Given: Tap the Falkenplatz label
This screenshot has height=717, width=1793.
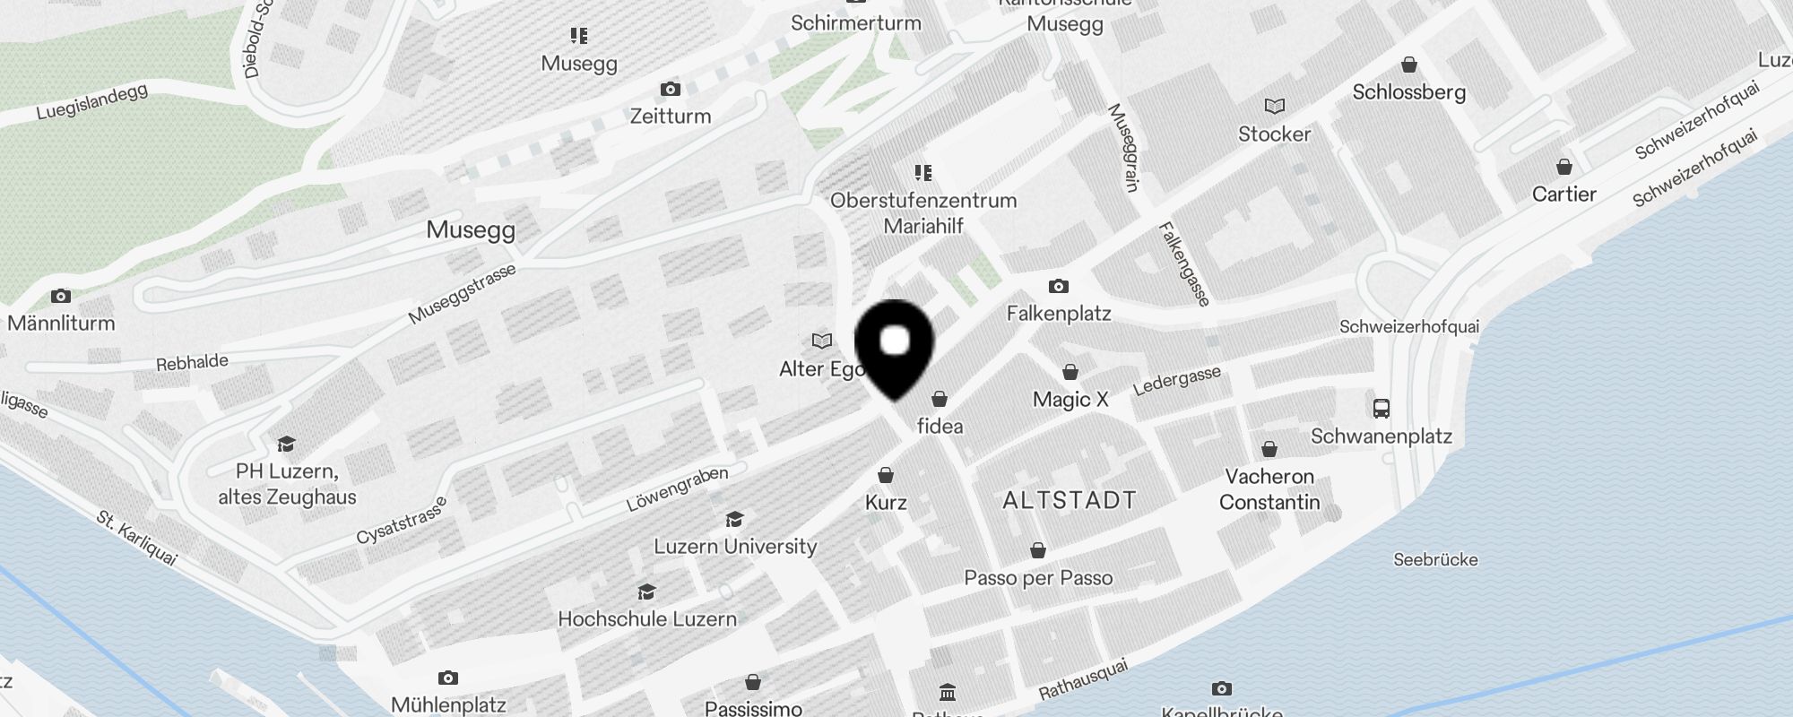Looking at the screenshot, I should (1058, 314).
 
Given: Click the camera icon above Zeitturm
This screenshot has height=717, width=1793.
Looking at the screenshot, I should (670, 89).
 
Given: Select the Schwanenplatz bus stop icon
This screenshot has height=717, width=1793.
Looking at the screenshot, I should (1381, 409).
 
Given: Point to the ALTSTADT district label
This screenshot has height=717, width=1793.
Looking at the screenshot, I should (1069, 500).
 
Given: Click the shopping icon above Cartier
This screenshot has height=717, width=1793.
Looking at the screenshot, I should (1563, 167).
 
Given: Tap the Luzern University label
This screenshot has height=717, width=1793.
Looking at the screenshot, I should (735, 547).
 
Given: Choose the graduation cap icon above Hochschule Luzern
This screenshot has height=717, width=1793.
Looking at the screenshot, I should (646, 592).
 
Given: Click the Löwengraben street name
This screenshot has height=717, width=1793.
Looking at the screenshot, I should (677, 488).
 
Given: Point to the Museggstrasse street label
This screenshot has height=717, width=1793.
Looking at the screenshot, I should (462, 294).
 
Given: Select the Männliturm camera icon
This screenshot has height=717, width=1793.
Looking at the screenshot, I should (61, 296).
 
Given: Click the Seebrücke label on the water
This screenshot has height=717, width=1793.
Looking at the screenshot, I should (1435, 560).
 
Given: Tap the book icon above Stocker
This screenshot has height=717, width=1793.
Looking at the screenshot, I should (1274, 107).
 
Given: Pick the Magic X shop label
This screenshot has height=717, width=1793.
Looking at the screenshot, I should (1070, 400).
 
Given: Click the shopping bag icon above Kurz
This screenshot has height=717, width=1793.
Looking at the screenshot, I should (886, 475).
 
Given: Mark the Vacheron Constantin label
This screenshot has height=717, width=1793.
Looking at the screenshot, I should (1269, 489).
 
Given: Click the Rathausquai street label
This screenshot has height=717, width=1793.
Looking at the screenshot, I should (1083, 680).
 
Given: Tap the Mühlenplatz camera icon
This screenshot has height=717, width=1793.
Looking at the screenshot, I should (448, 678).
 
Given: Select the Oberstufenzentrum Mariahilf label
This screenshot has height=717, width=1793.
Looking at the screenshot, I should (923, 213).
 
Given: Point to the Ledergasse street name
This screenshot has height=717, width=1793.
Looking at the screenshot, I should (1177, 381).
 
